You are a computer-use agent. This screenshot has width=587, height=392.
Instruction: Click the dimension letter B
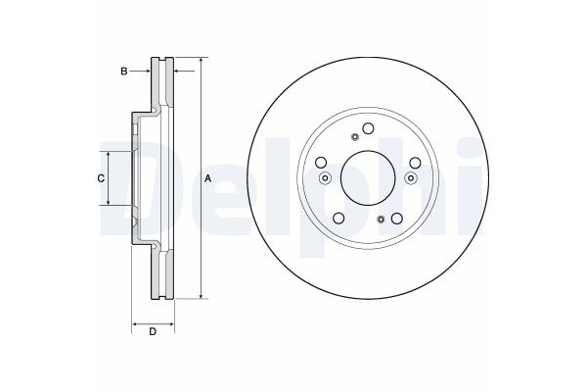tap(123, 71)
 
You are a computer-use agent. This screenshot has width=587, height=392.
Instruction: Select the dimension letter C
tap(100, 178)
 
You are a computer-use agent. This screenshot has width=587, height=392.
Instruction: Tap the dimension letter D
tap(153, 332)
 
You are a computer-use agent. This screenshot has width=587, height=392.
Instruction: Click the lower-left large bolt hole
tap(338, 219)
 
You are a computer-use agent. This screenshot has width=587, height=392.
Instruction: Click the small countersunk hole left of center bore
tap(325, 178)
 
